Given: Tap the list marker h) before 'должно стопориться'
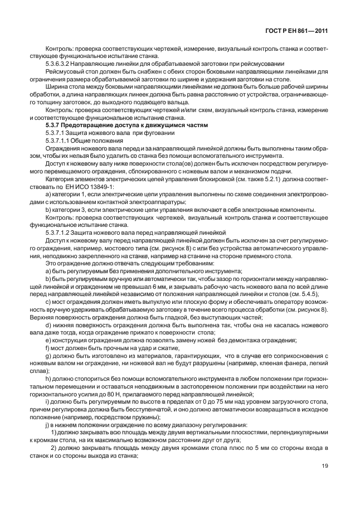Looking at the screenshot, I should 48,380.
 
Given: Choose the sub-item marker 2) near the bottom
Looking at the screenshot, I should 54,448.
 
